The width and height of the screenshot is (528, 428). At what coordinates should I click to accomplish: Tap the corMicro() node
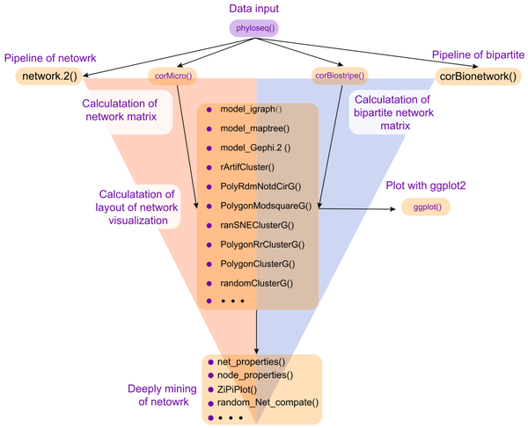click(172, 76)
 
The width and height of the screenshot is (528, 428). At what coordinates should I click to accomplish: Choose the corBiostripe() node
click(340, 76)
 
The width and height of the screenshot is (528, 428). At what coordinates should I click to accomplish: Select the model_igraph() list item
click(252, 109)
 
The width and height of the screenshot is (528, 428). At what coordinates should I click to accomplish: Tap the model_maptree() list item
click(254, 128)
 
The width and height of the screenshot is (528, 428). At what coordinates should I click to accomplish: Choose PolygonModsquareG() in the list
click(262, 206)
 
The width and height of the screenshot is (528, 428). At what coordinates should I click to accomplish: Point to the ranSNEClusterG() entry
click(257, 225)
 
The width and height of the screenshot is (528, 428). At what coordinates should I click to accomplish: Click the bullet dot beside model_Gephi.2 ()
click(209, 148)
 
